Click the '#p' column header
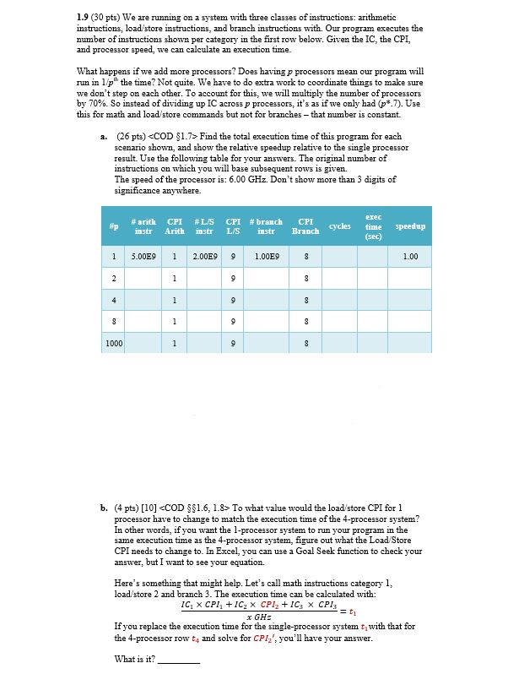point(112,226)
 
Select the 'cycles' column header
point(340,226)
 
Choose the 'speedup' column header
point(410,226)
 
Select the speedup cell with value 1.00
point(410,255)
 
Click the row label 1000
point(112,343)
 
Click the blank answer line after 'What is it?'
point(179,660)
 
